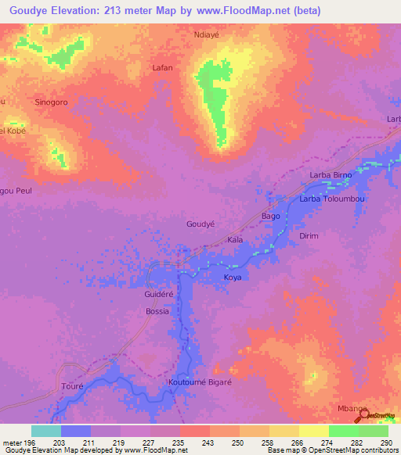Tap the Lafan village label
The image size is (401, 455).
click(162, 68)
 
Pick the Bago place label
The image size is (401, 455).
click(270, 216)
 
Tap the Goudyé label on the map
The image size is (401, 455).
click(200, 224)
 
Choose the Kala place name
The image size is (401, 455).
click(235, 240)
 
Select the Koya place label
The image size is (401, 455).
click(233, 278)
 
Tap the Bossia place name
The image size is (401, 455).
click(157, 311)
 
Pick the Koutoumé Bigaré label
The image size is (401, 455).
click(200, 383)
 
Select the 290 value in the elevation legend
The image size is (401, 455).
click(387, 444)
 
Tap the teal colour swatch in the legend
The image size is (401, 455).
click(46, 432)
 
